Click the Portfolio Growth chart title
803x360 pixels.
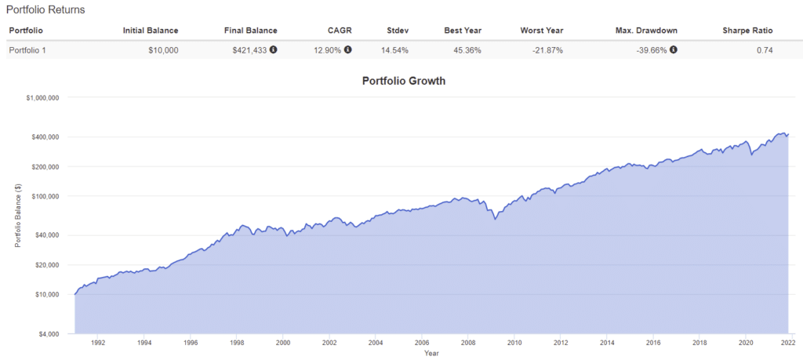[404, 80]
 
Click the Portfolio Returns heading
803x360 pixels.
[45, 10]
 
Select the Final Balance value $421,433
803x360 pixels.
[249, 50]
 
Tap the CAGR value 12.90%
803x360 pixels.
[327, 50]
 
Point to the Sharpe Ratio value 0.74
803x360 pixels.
[765, 50]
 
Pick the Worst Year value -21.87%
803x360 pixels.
[545, 50]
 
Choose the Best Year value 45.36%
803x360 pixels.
[466, 50]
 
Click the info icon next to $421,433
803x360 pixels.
[273, 49]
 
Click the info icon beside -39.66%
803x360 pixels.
[673, 49]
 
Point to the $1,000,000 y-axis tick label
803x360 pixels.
[43, 97]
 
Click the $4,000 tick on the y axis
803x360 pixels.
[49, 333]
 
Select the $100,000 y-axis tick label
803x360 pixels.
[46, 196]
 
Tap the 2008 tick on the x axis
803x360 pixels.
[468, 343]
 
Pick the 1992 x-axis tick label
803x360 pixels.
[98, 343]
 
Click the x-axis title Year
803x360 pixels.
[431, 353]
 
